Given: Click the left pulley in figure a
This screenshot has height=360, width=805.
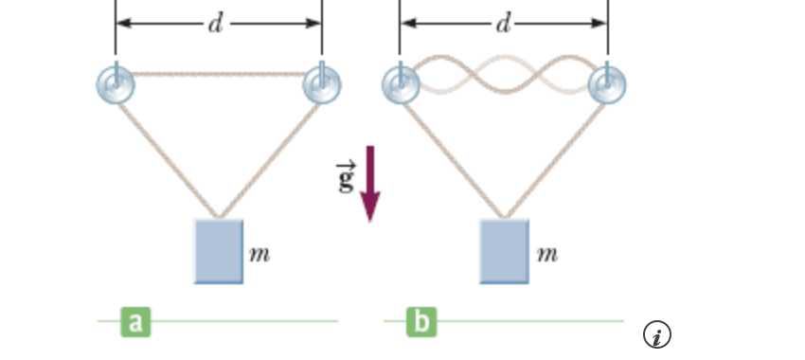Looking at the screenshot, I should pos(116,85).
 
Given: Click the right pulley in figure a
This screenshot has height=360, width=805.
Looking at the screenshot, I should pos(322,85).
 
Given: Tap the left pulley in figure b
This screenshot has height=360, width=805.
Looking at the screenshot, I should pos(401,85).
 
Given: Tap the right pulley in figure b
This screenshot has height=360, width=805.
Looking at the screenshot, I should pos(607,85).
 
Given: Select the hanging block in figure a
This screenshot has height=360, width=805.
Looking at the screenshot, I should pos(219,251).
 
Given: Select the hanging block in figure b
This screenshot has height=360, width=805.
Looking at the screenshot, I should pos(505,251).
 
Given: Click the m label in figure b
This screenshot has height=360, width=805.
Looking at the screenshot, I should pos(546,254).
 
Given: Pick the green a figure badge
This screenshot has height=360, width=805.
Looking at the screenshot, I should pos(134,322).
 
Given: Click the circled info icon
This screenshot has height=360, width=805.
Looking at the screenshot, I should pos(657,333).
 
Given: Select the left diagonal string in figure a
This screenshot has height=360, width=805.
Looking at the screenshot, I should pos(166,152).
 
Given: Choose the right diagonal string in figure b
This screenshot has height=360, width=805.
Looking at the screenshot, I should pos(557,152).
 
